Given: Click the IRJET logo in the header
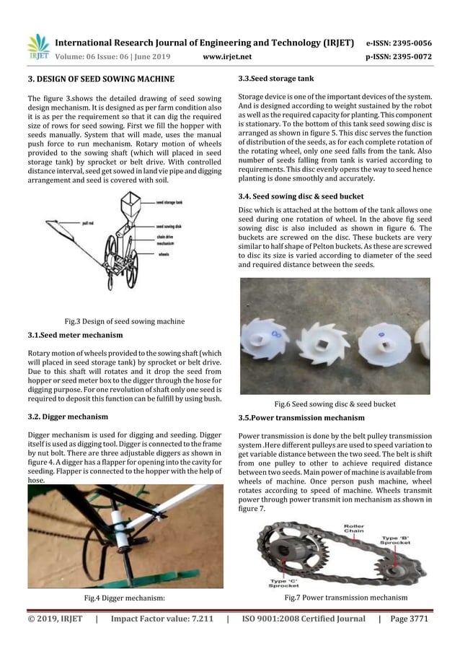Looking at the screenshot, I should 37,47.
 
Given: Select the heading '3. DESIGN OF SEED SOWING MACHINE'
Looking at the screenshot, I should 100,78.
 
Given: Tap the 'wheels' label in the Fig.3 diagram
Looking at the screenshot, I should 162,254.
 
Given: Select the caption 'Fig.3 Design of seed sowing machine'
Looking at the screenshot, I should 123,321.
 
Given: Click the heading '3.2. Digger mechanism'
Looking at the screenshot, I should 68,416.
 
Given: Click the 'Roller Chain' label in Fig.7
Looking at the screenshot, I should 354,530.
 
